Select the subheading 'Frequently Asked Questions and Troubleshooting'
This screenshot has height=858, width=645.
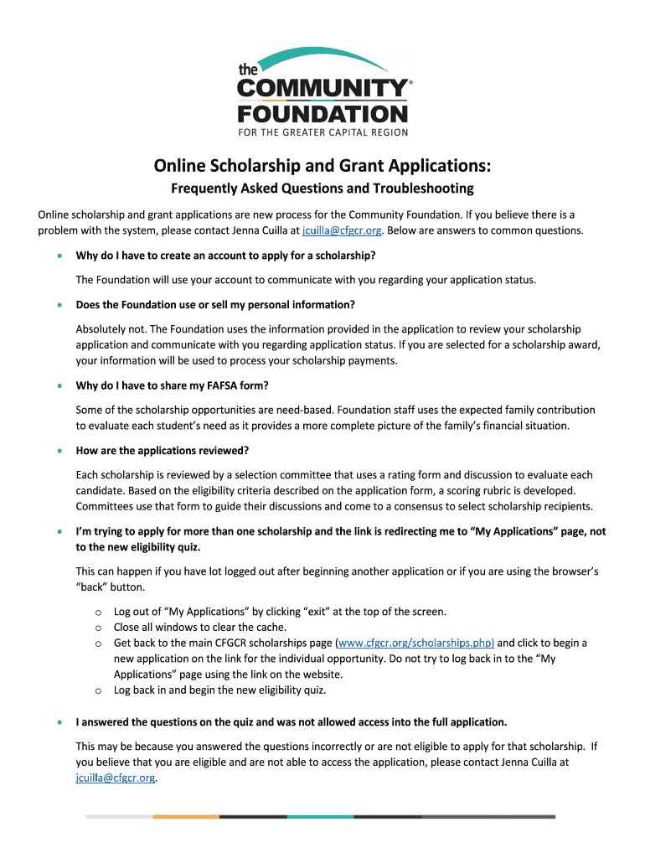point(322,188)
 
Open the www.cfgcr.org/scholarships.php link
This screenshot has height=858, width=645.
point(415,643)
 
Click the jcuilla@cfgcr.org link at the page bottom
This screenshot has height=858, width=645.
point(116,778)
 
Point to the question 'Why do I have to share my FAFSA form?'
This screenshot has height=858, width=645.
point(173,385)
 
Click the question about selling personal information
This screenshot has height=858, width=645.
point(215,304)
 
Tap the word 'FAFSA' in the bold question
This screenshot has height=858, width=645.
point(209,385)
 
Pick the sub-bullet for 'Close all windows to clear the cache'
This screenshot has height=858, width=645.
point(98,627)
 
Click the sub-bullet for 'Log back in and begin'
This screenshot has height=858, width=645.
point(98,690)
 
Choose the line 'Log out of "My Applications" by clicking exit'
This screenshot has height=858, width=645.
point(280,612)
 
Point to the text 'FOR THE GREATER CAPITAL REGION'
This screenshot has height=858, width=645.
point(323,132)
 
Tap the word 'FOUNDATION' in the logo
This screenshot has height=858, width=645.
point(323,112)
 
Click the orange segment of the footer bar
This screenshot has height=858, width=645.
point(186,816)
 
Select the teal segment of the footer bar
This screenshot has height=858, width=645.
point(320,816)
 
